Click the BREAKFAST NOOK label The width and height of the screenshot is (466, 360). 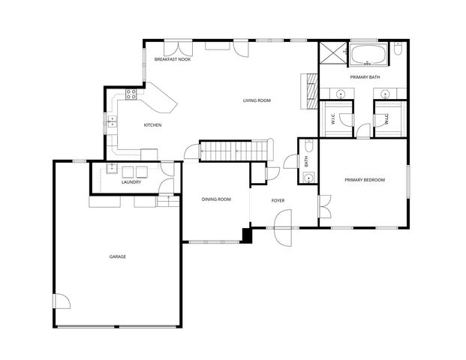[172, 59]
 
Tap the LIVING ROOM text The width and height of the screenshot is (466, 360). [256, 100]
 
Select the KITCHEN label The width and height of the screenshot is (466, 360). [152, 125]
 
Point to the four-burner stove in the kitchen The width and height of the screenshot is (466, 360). [131, 94]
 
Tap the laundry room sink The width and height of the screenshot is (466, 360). [111, 169]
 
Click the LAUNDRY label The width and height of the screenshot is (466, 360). [131, 182]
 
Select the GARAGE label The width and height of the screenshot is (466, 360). [117, 257]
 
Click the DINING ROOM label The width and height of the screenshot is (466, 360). [215, 199]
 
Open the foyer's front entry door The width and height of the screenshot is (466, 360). [282, 225]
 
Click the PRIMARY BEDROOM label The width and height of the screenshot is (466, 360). [365, 180]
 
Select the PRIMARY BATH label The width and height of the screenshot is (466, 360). [365, 77]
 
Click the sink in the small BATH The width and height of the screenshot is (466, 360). [309, 178]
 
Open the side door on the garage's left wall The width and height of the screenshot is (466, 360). [62, 301]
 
